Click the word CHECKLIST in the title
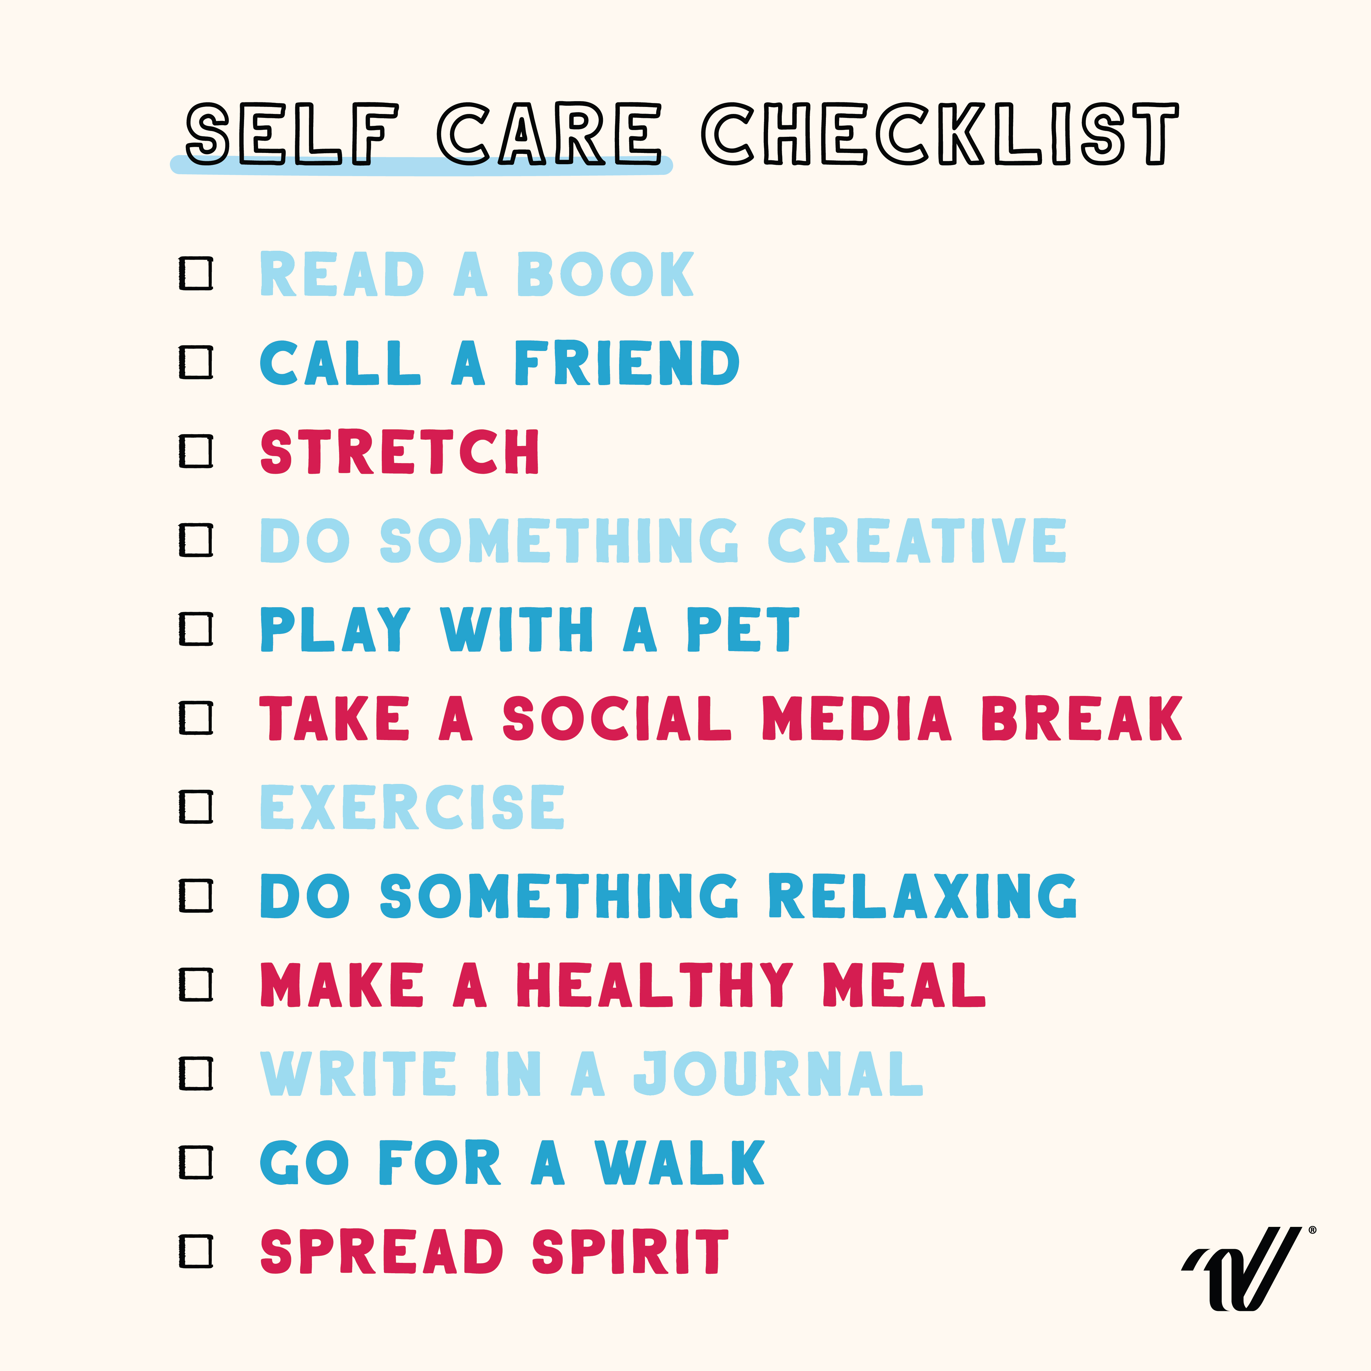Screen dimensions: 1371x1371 tap(940, 133)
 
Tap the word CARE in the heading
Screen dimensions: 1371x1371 tap(548, 133)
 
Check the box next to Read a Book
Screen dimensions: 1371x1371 tap(196, 273)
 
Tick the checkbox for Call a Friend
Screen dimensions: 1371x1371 tap(196, 362)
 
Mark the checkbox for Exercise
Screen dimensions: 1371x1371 tap(196, 807)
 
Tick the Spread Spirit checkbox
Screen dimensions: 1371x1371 tap(196, 1251)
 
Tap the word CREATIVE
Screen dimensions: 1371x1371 tap(917, 541)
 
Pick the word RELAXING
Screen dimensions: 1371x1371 tap(923, 896)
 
